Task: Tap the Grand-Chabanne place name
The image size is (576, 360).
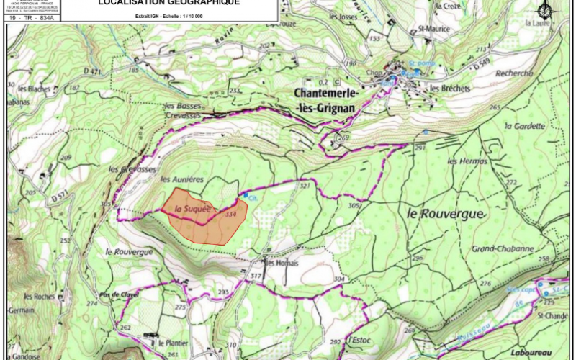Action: point(503,249)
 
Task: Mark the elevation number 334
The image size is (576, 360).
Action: point(230,214)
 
